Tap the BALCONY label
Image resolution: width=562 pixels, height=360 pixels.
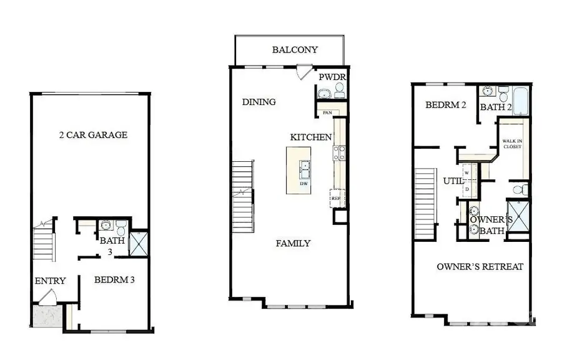pyautogui.click(x=295, y=49)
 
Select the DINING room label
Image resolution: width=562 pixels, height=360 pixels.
pyautogui.click(x=259, y=102)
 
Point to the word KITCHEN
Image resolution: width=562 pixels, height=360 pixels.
pyautogui.click(x=311, y=137)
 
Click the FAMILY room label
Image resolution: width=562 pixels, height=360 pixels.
pyautogui.click(x=293, y=243)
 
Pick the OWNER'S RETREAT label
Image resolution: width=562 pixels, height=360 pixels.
pyautogui.click(x=480, y=267)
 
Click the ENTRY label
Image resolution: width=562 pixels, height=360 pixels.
pyautogui.click(x=50, y=281)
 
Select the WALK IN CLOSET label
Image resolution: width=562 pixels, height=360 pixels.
pyautogui.click(x=512, y=144)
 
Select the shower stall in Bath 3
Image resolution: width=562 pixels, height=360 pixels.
pyautogui.click(x=137, y=242)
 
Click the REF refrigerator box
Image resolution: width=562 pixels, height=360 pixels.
pyautogui.click(x=336, y=198)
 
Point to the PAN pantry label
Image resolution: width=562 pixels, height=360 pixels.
pyautogui.click(x=327, y=112)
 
